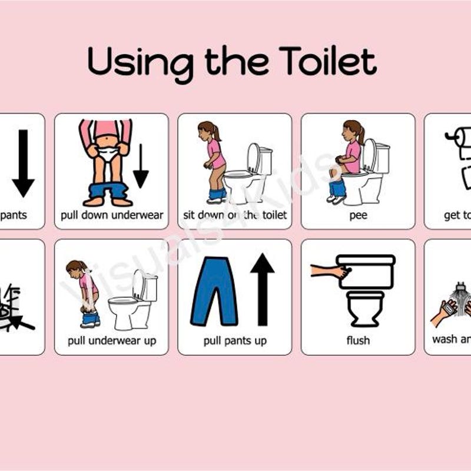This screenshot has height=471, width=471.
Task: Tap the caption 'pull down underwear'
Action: tap(111, 215)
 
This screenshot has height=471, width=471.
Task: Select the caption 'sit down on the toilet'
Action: tap(235, 215)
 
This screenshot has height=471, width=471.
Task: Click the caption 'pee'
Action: tap(358, 215)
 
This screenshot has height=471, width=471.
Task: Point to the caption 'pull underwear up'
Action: tap(111, 340)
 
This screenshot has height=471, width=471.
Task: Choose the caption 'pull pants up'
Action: tap(235, 340)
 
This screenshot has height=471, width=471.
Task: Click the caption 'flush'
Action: tap(358, 340)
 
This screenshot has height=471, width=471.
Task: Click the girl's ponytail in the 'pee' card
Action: tap(360, 133)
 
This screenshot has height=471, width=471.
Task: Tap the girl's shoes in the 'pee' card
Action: tap(336, 199)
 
